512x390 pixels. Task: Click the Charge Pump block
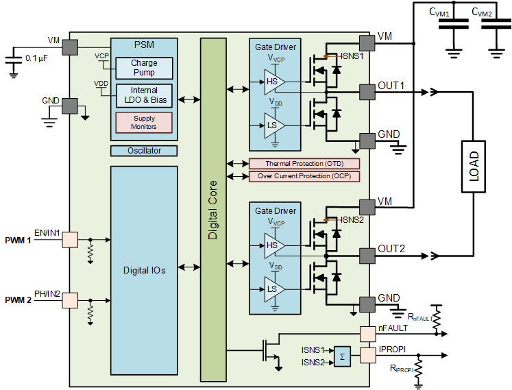144,68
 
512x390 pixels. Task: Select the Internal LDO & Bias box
144,95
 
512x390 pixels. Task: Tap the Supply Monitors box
144,123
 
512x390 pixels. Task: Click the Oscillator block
144,151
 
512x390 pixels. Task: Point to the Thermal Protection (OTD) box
304,163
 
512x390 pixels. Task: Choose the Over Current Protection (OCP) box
304,176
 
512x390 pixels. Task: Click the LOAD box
474,167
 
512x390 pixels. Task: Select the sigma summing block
342,356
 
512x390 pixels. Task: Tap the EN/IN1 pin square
70,240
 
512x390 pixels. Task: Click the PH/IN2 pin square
70,300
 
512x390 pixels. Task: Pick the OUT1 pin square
367,92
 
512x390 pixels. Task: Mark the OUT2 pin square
367,256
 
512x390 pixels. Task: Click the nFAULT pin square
367,334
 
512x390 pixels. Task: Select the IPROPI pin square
367,355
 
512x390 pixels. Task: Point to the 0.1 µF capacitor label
36,58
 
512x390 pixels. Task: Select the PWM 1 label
18,241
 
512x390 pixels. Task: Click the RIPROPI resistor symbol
418,369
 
